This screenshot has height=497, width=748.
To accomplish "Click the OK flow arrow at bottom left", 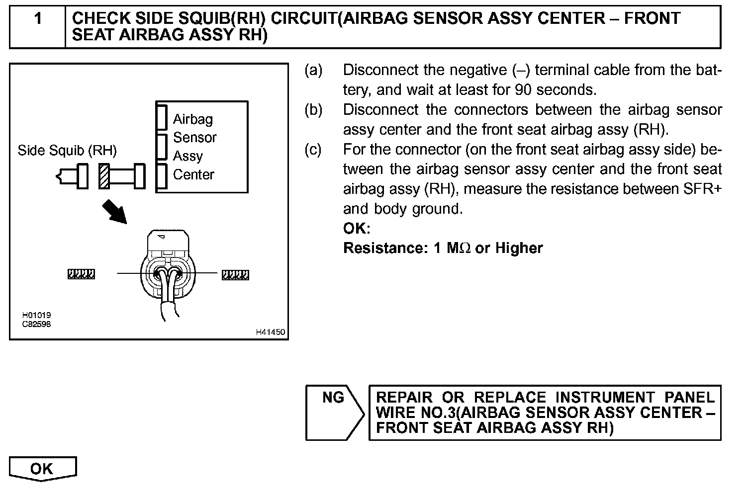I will (42, 469).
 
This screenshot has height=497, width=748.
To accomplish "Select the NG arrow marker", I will (334, 412).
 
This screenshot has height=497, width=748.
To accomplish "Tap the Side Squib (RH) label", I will (67, 150).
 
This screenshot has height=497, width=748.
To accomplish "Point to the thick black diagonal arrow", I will (114, 212).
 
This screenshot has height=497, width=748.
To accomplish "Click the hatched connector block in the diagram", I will (104, 176).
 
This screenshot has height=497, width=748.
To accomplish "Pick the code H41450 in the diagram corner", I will (270, 332).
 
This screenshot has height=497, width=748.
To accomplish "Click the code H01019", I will (36, 315).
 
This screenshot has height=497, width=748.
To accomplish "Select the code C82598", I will (36, 324).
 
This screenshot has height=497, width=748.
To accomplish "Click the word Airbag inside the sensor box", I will (193, 119).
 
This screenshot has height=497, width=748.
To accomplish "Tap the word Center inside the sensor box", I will (193, 175).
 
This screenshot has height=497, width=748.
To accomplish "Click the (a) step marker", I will (313, 70).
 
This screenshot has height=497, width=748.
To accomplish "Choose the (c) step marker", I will (313, 150).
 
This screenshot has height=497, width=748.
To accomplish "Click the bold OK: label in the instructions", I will (357, 229).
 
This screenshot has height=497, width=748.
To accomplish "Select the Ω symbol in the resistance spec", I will (465, 248).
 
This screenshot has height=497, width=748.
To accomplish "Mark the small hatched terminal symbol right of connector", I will (235, 275).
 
